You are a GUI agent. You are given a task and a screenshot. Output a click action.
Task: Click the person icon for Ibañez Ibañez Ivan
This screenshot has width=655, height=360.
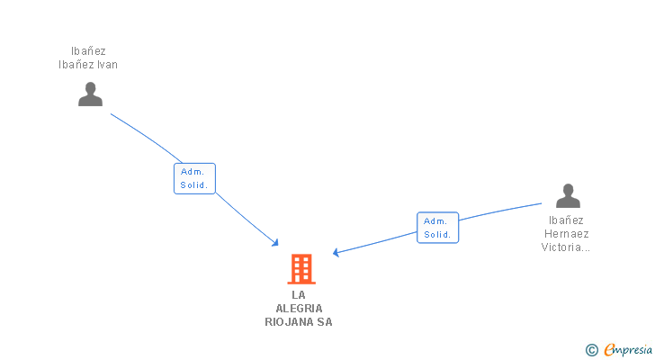click(x=90, y=94)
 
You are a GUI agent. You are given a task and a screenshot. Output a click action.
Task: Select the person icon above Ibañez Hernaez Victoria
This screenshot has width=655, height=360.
click(x=568, y=195)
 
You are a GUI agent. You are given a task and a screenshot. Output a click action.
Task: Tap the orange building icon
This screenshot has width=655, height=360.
click(x=301, y=268)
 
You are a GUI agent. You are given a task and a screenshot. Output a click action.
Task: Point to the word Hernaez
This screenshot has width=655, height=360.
click(x=566, y=234)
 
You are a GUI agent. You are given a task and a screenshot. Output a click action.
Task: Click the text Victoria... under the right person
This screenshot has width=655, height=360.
click(x=566, y=247)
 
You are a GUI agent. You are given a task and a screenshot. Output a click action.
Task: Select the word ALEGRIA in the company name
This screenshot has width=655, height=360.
click(x=299, y=309)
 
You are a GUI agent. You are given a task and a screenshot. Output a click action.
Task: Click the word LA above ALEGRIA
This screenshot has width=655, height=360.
click(x=299, y=295)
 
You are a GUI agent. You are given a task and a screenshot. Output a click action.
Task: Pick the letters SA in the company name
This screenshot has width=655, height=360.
click(x=324, y=322)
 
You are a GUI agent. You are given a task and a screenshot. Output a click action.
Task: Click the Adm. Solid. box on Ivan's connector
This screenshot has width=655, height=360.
click(x=194, y=178)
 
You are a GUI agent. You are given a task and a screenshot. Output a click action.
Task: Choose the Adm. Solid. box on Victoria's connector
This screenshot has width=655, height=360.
click(x=437, y=228)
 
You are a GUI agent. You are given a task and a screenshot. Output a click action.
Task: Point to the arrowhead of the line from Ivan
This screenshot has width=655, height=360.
click(x=276, y=243)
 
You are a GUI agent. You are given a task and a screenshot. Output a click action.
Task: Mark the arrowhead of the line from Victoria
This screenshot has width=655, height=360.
click(x=336, y=253)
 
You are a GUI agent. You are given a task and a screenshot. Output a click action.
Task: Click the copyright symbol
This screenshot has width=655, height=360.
click(x=591, y=350)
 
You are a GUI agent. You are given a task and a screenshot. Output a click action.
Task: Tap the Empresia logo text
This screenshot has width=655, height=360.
click(x=629, y=350)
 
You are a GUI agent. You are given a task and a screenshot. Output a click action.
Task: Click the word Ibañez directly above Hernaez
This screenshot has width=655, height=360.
click(x=566, y=220)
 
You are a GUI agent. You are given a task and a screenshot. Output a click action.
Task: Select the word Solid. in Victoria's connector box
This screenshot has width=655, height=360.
click(x=437, y=235)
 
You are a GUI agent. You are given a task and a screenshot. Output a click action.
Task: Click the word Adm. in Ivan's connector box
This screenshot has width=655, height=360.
click(x=193, y=171)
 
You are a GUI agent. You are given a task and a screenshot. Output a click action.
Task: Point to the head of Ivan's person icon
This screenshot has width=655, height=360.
click(x=90, y=87)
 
